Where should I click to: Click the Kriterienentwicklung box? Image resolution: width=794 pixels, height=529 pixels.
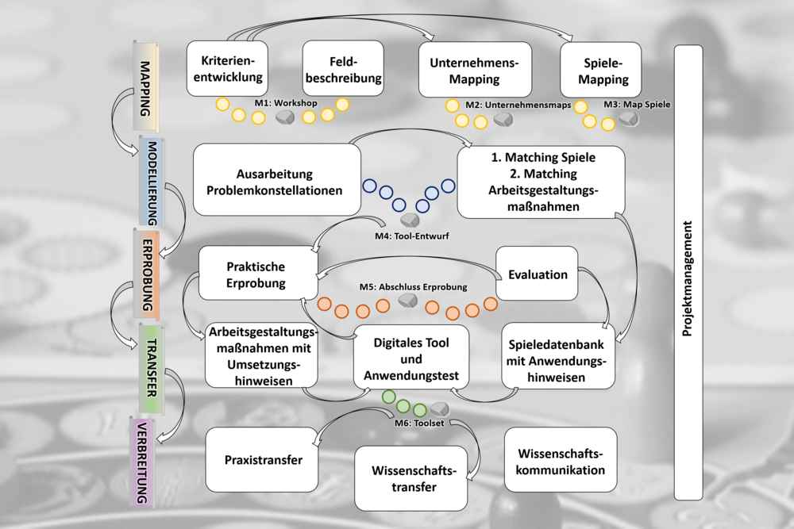pos(226,69)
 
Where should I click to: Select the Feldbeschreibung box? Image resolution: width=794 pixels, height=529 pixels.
pos(343,69)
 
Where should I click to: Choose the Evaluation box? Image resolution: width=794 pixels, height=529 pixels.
pos(538,274)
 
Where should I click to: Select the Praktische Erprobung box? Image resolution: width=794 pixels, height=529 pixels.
pos(256,274)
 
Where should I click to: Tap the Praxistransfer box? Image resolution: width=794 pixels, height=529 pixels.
pos(263,459)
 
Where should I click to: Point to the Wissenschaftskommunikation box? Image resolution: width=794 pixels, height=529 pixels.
pos(561,462)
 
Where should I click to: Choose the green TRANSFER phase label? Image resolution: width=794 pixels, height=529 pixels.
pos(150,367)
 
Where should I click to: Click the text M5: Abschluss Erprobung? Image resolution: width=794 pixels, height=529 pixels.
pos(413,286)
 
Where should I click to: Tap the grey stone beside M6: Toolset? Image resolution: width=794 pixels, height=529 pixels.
pos(439,409)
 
